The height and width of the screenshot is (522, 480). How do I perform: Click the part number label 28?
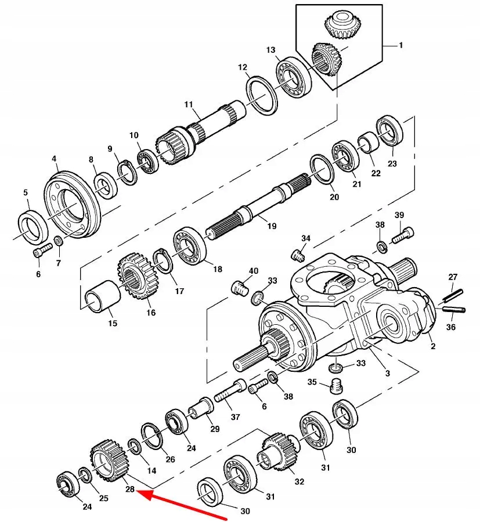129,489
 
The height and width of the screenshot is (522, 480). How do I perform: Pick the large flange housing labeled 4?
73,202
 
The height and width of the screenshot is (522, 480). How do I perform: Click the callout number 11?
189,104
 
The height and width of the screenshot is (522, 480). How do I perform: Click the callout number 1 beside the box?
400,45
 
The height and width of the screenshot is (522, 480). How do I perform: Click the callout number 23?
392,164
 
